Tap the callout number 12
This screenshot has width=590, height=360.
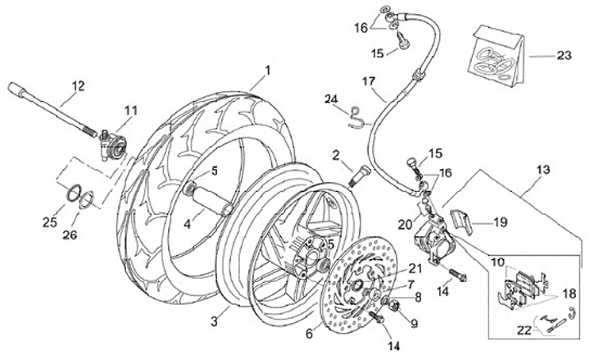[77, 85]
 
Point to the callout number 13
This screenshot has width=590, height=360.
[542, 171]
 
